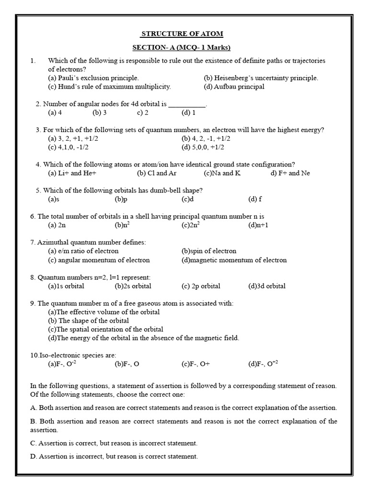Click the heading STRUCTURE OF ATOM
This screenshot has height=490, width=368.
pos(181,34)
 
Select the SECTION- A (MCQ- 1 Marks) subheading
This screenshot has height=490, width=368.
pos(181,47)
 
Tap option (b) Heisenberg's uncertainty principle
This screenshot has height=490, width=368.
pos(261,78)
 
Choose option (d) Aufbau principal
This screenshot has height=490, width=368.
pos(234,87)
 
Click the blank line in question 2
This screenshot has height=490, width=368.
pos(187,104)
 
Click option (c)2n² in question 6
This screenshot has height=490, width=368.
pos(191,225)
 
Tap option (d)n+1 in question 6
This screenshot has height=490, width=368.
pos(260,225)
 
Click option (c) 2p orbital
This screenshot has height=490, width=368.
pos(201,286)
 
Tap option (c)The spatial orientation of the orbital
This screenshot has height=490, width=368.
pos(105,329)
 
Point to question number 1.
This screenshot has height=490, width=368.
pos(33,61)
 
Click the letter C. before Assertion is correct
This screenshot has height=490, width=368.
pos(33,443)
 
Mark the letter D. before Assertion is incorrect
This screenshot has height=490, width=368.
pos(33,457)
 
